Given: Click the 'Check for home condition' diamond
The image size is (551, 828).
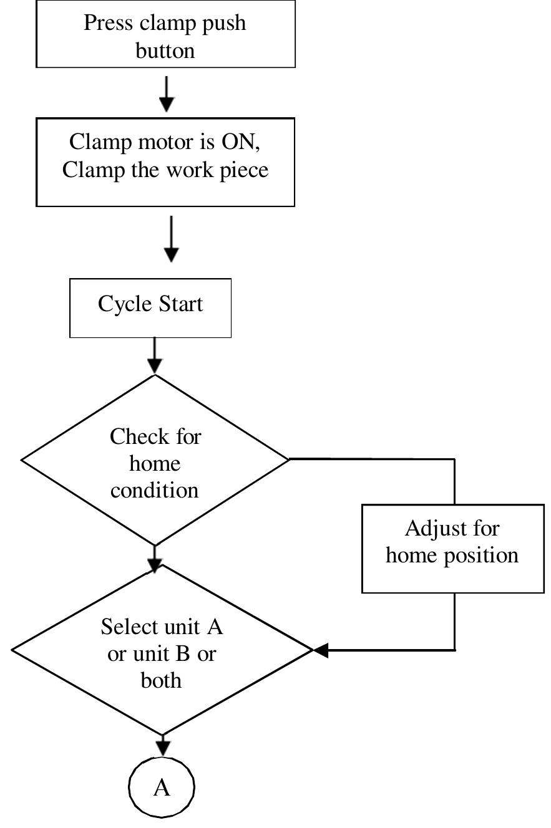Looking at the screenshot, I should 155,461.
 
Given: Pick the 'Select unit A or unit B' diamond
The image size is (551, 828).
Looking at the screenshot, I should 162,652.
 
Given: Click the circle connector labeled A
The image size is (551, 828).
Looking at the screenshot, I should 162,788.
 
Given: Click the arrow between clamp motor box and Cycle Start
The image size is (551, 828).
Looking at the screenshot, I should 171,239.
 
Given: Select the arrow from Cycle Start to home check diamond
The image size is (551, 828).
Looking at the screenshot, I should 154,357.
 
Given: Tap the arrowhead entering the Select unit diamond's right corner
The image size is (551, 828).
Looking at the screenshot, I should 321,651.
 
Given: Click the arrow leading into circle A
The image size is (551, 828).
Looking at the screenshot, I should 163,745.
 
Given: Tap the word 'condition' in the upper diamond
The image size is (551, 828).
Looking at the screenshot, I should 155,490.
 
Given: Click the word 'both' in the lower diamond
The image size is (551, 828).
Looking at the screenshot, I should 161,680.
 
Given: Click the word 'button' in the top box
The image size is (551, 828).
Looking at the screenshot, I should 165,51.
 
